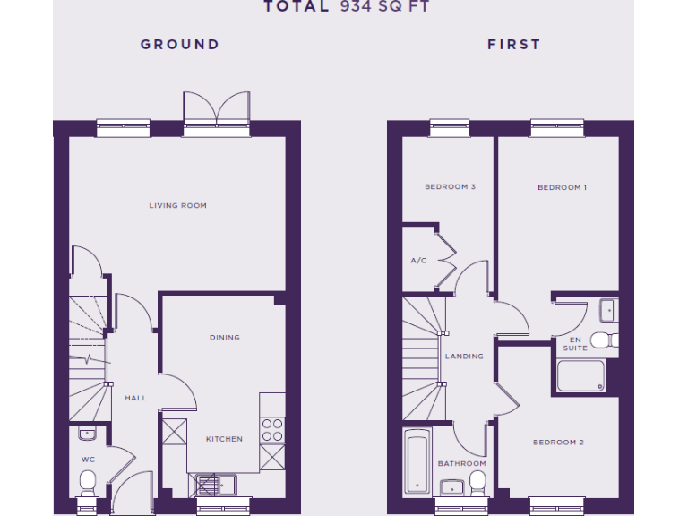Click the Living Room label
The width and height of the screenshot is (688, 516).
click(177, 206)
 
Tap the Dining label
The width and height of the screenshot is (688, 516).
click(224, 338)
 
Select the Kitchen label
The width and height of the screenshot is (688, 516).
click(224, 439)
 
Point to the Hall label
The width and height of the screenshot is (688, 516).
click(135, 398)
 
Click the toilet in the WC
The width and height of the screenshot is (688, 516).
click(88, 485)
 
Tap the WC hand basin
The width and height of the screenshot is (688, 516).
click(87, 434)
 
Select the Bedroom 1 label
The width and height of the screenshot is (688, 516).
click(562, 188)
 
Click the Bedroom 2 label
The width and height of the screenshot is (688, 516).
click(558, 443)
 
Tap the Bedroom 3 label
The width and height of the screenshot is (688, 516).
click(450, 187)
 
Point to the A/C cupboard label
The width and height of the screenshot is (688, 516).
click(418, 262)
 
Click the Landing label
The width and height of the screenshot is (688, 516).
click(464, 357)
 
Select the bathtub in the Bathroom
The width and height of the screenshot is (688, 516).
click(417, 461)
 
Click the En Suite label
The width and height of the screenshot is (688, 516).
click(575, 344)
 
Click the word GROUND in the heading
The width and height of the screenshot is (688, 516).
click(179, 44)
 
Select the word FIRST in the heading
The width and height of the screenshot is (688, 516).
click(513, 44)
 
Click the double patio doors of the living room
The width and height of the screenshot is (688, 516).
click(215, 112)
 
